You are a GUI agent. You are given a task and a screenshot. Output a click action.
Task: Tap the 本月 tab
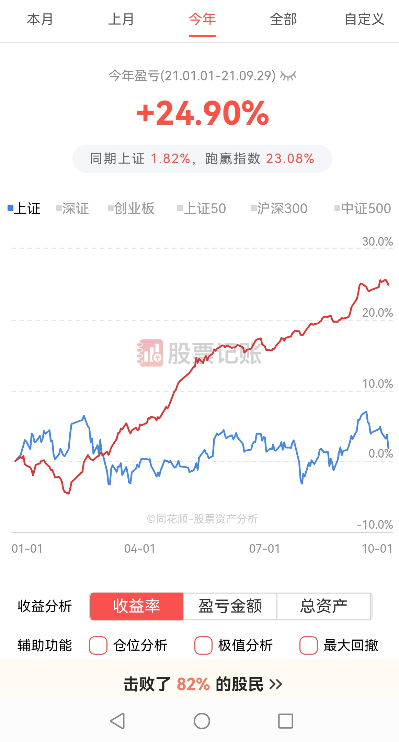[40, 19]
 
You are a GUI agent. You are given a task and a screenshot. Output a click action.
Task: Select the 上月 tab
[121, 19]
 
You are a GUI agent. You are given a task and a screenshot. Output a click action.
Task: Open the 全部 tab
[283, 19]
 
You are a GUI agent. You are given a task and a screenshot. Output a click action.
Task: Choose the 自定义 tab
[364, 19]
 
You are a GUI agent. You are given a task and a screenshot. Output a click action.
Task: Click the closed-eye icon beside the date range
[288, 76]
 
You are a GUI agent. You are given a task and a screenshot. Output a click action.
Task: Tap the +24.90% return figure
[203, 113]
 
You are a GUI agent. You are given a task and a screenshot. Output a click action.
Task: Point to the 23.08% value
[290, 159]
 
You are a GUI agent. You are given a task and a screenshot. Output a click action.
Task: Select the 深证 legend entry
[73, 209]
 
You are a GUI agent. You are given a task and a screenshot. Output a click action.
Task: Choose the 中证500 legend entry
[363, 209]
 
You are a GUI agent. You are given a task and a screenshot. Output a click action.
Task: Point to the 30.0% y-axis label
[377, 241]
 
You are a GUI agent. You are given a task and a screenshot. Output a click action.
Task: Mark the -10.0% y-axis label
[375, 525]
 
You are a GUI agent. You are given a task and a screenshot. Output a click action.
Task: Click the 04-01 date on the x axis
[140, 549]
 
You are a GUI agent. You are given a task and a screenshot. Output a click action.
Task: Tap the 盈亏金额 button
[230, 606]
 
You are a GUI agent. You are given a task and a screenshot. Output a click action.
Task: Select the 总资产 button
[324, 606]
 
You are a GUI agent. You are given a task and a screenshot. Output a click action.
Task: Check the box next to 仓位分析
[98, 645]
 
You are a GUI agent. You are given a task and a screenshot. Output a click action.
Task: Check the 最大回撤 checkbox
[308, 645]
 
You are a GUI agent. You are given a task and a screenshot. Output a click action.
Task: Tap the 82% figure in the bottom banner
[193, 684]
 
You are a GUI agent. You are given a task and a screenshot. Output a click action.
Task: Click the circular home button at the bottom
[202, 721]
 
